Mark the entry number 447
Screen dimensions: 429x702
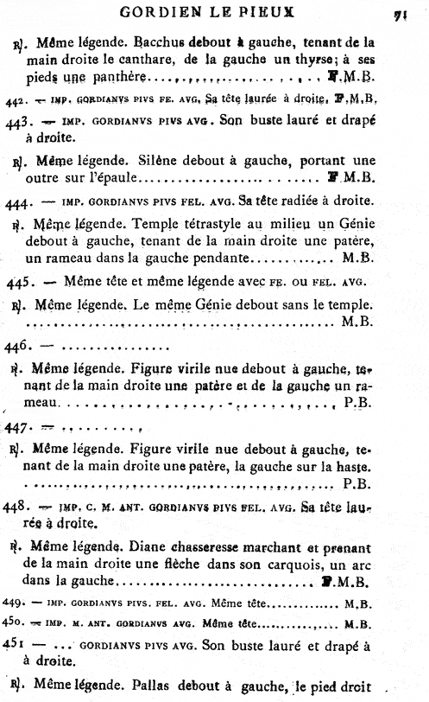click(16, 426)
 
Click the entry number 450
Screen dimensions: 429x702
click(15, 624)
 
